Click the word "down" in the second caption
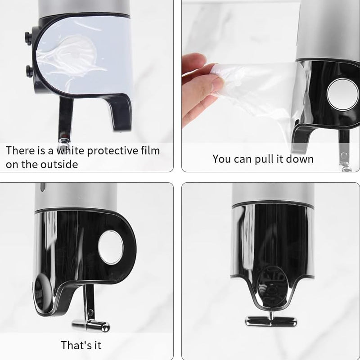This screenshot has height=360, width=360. pyautogui.click(x=298, y=159)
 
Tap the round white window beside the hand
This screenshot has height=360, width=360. pyautogui.click(x=342, y=94)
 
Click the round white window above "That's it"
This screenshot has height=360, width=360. pyautogui.click(x=110, y=247)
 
